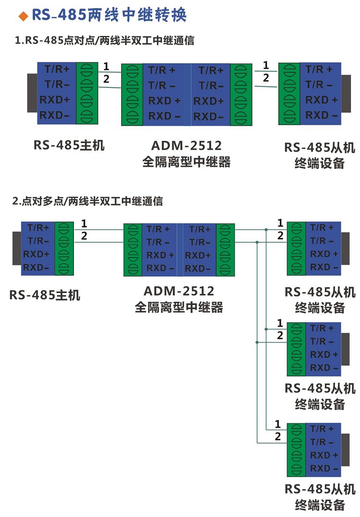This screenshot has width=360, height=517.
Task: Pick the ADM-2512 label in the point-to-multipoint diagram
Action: (179, 291)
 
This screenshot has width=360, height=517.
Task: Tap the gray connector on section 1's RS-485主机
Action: (32, 93)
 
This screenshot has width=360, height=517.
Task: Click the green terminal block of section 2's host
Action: (64, 248)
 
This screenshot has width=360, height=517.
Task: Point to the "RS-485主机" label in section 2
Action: (45, 295)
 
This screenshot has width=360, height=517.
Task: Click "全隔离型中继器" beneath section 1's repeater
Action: (187, 162)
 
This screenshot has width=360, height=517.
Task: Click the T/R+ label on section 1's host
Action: (57, 69)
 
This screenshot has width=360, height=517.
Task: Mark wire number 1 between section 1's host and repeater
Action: (106, 66)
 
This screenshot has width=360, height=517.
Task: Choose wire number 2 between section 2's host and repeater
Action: (84, 235)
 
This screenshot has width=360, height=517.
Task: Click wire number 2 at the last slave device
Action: (277, 436)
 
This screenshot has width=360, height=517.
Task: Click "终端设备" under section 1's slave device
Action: (320, 163)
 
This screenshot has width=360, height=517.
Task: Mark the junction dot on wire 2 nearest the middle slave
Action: (258, 342)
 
